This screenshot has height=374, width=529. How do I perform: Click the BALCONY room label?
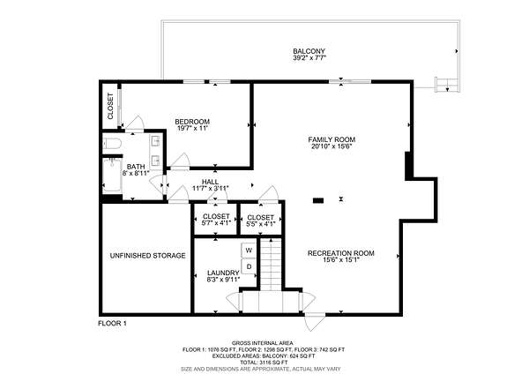309,51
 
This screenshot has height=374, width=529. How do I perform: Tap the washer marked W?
249,251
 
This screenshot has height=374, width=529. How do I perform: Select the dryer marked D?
249,266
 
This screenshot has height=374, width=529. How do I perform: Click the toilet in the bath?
112,144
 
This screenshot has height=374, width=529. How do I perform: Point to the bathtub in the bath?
112,176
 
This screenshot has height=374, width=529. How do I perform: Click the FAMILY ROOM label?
332,139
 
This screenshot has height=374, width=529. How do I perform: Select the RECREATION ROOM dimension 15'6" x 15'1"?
341,260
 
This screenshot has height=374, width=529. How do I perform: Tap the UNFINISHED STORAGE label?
148,256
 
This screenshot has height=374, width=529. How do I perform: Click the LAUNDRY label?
223,273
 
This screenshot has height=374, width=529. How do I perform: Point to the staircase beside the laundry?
271,265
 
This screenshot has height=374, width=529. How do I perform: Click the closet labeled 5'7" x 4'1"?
216,220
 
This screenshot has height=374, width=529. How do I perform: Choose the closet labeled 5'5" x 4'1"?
260,220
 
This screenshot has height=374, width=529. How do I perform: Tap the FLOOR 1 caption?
112,324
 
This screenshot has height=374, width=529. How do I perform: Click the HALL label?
210,182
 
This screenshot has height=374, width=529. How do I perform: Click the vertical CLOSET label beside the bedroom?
110,106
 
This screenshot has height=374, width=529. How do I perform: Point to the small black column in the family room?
318,200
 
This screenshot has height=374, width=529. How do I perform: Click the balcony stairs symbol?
447,85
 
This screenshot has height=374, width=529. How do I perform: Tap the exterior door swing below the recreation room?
316,322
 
